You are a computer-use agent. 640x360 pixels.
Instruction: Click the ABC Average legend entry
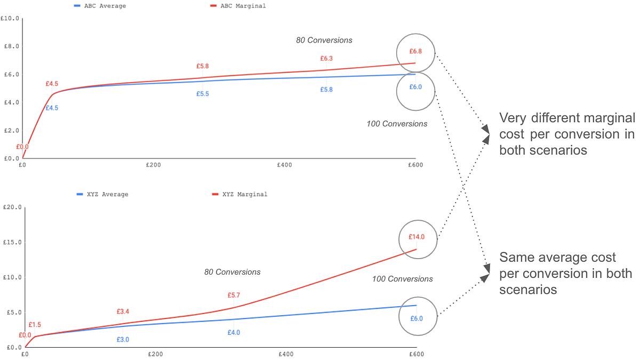pyautogui.click(x=100, y=6)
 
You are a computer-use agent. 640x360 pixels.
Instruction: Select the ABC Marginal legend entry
pyautogui.click(x=238, y=6)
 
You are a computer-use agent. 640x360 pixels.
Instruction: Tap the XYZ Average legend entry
pyautogui.click(x=102, y=194)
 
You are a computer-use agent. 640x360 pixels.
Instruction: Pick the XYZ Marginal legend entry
pyautogui.click(x=239, y=194)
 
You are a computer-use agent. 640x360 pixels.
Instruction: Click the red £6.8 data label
pyautogui.click(x=415, y=51)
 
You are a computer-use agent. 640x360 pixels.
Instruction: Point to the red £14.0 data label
pyautogui.click(x=417, y=237)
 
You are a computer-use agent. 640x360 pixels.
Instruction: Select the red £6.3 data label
pyautogui.click(x=326, y=59)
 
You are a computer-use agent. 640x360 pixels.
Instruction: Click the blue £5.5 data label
pyautogui.click(x=203, y=94)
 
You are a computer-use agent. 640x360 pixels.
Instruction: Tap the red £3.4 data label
pyautogui.click(x=123, y=311)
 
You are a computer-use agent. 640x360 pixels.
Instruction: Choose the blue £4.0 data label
pyautogui.click(x=234, y=333)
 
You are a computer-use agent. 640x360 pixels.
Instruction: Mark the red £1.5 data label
pyautogui.click(x=35, y=325)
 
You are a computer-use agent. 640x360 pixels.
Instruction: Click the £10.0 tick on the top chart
pyautogui.click(x=10, y=19)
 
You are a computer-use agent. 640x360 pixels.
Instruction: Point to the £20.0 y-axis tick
pyautogui.click(x=12, y=207)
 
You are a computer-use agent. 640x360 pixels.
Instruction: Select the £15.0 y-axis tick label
pyautogui.click(x=12, y=242)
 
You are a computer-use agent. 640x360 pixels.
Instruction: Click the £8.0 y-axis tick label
pyautogui.click(x=11, y=46)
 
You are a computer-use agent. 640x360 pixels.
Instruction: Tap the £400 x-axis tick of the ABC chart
pyautogui.click(x=285, y=165)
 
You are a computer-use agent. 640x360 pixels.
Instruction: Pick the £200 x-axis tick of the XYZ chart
pyautogui.click(x=155, y=354)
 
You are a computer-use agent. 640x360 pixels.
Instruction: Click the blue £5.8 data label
pyautogui.click(x=326, y=90)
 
